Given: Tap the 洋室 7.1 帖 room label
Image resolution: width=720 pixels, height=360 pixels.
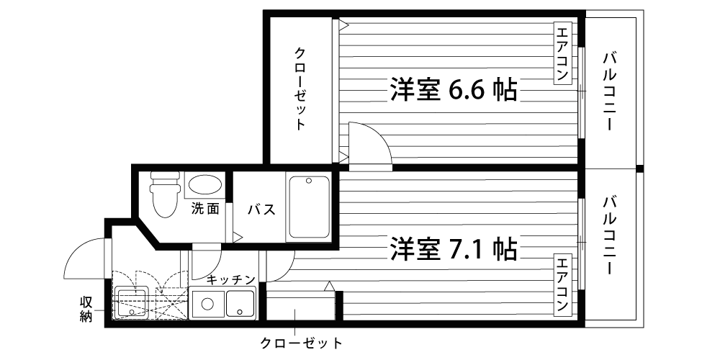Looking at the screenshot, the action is point(453,248).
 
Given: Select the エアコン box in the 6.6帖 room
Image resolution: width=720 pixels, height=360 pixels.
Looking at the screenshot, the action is point(562,53).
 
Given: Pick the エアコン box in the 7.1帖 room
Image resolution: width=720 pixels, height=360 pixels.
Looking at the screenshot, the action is point(562,284).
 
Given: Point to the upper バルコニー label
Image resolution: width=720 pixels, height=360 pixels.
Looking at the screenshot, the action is point(609,91).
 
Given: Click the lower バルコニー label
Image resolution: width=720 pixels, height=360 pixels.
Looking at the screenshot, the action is point(609,235).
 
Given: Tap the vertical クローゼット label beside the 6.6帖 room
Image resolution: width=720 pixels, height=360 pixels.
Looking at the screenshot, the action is point(300,88).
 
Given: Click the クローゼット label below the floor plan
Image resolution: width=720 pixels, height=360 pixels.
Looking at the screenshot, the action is point(301,343).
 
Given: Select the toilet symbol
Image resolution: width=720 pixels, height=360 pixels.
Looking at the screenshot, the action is point(165,194).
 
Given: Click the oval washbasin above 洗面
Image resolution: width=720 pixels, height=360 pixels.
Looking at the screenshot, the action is point(205,185).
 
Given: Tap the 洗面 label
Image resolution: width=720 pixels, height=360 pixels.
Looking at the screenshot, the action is point(205,209).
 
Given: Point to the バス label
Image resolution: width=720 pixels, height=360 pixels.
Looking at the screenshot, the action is point(262,210).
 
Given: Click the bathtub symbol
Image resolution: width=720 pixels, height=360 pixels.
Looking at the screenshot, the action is point(309,207).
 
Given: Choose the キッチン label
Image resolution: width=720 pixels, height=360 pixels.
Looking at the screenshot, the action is point(230,279).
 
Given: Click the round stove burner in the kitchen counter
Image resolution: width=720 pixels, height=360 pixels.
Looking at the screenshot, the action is point(207,304).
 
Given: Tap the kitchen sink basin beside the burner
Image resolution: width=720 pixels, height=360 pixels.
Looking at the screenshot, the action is point(240,303).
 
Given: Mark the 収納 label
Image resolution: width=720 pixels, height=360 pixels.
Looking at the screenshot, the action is point(86,309).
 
